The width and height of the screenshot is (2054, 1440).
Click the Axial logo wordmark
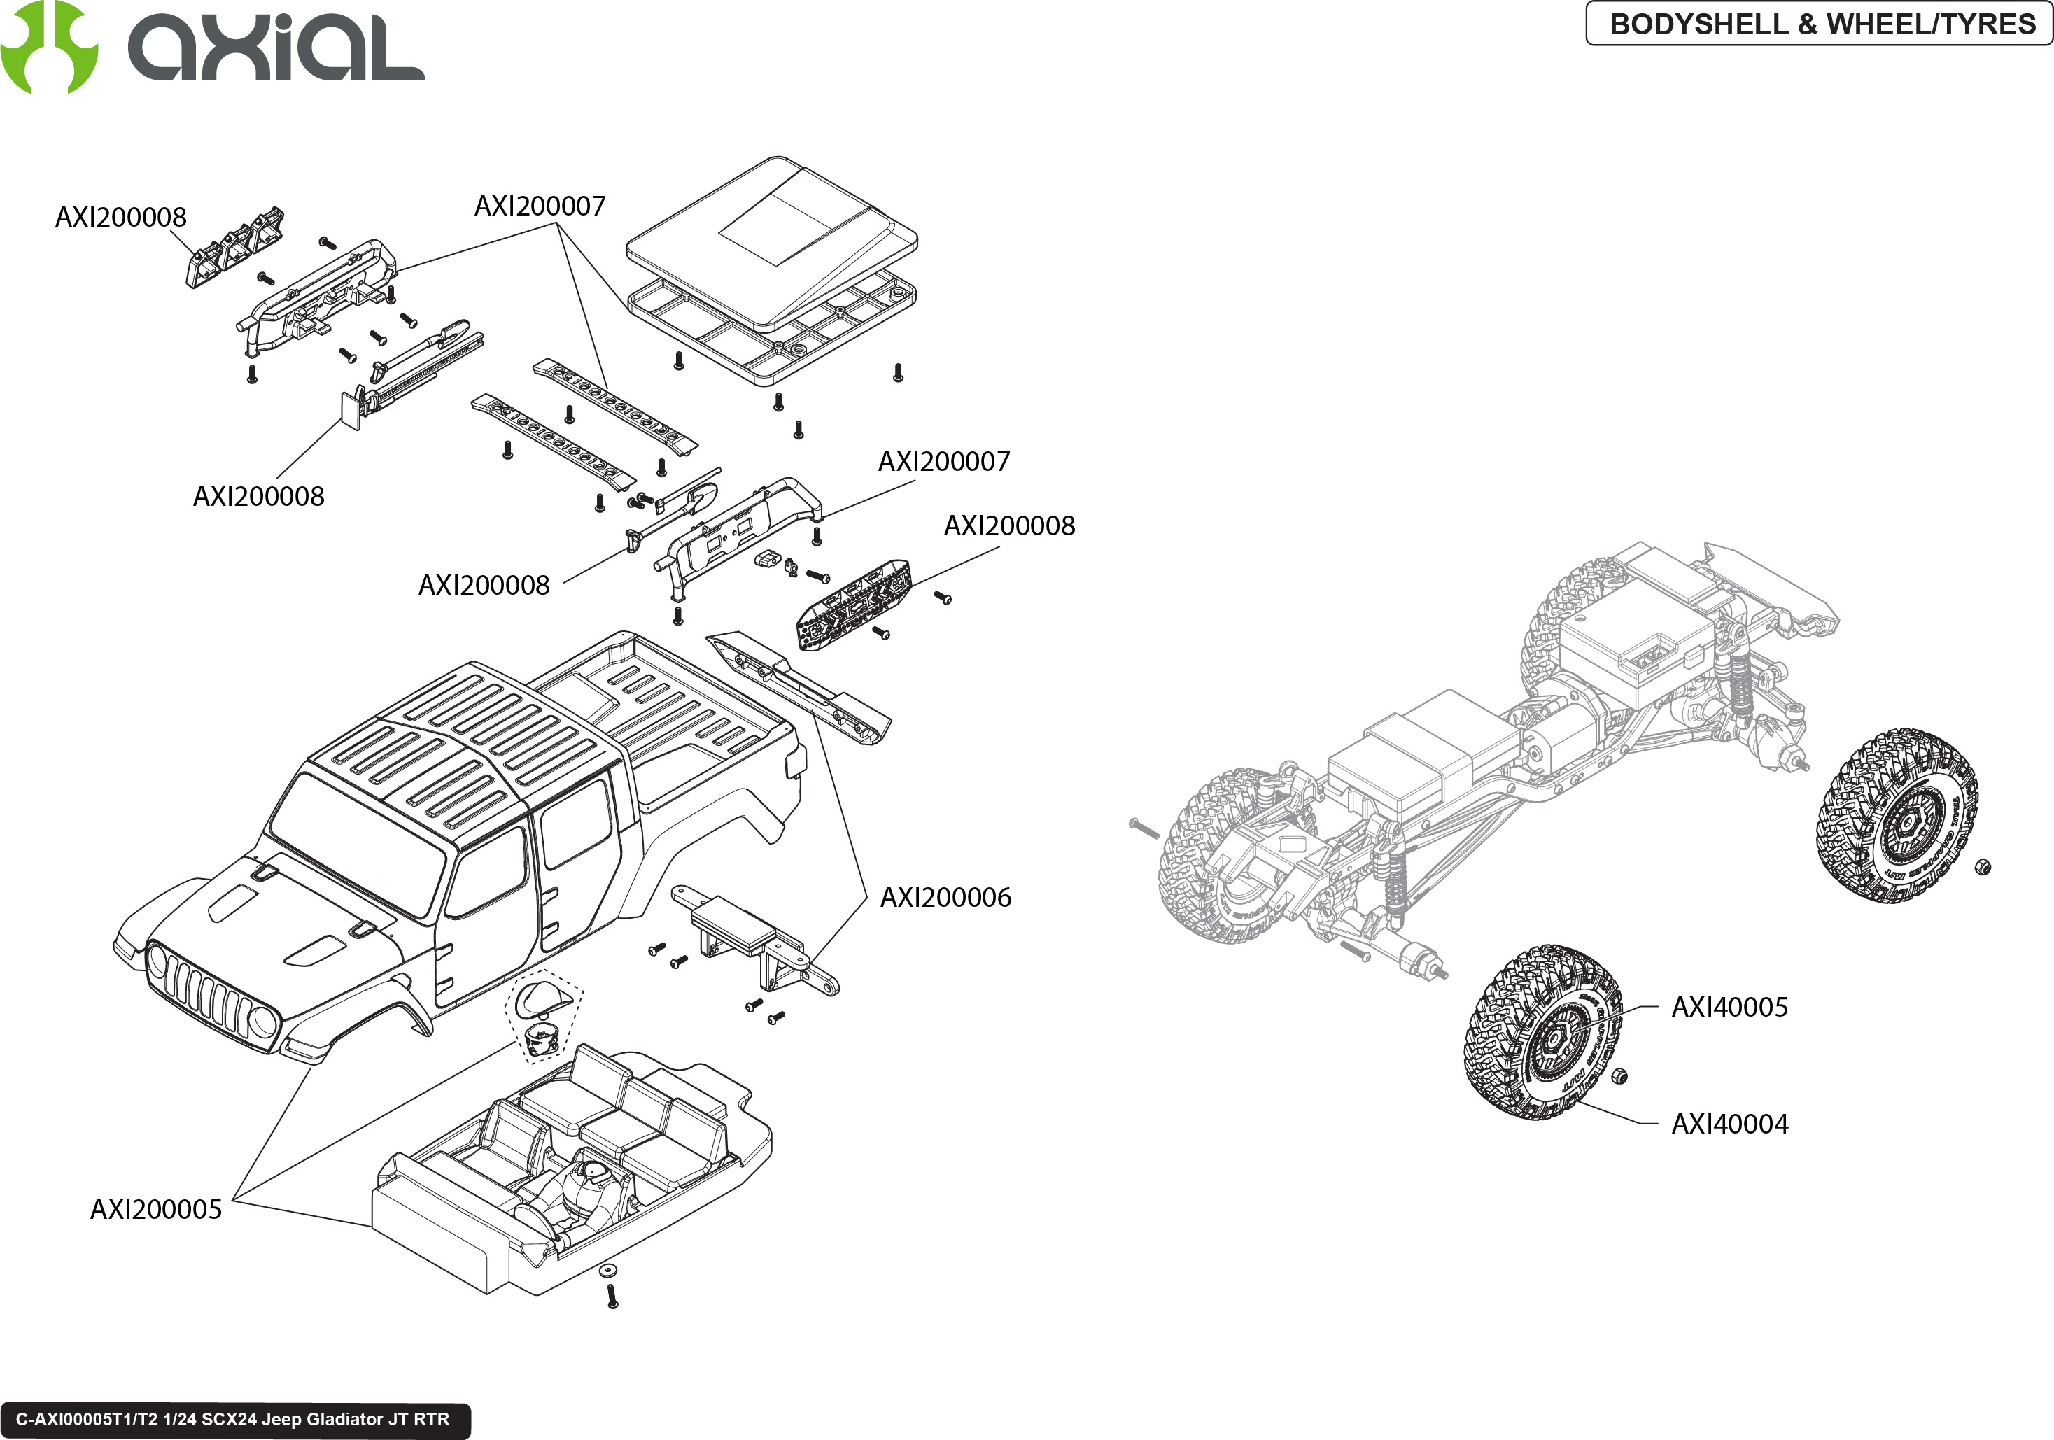click(276, 49)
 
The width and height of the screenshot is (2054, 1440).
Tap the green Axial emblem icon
click(48, 46)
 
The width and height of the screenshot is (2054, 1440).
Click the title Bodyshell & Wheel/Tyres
click(1822, 24)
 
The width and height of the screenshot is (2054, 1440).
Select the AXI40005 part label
click(1729, 1007)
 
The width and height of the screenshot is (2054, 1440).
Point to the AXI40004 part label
click(1729, 1124)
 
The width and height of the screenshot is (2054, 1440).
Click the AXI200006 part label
click(945, 897)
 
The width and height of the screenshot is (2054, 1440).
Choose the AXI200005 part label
click(155, 1209)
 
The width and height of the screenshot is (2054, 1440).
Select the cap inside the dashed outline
click(542, 997)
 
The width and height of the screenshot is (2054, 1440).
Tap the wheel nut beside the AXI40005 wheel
click(1617, 1076)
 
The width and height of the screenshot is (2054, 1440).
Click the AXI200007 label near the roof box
click(540, 206)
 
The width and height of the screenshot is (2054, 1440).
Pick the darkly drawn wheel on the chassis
click(1897, 814)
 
